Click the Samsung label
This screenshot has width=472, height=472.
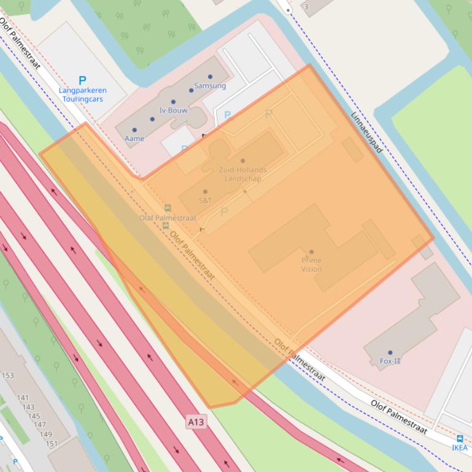(x=210, y=86)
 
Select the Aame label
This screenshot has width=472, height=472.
(x=134, y=139)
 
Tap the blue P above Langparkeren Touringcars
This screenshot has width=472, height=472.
(x=82, y=80)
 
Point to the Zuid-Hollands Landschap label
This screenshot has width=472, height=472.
(x=243, y=174)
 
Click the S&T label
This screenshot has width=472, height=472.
(x=205, y=200)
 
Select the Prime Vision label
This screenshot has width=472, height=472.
(x=311, y=264)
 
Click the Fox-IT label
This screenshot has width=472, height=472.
(x=390, y=361)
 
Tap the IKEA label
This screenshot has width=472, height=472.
(x=460, y=447)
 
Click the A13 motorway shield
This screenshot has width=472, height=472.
(x=196, y=422)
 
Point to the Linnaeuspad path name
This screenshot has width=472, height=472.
(x=366, y=132)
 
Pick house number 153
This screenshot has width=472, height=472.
(x=7, y=376)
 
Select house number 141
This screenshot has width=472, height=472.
(x=23, y=398)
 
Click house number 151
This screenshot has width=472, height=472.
(x=52, y=444)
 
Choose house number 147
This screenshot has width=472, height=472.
(x=39, y=425)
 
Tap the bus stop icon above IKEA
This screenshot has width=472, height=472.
(x=460, y=439)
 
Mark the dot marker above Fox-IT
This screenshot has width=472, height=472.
(x=390, y=353)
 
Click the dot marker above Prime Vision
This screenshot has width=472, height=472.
(x=311, y=252)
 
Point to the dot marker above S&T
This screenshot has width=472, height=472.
(x=205, y=192)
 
